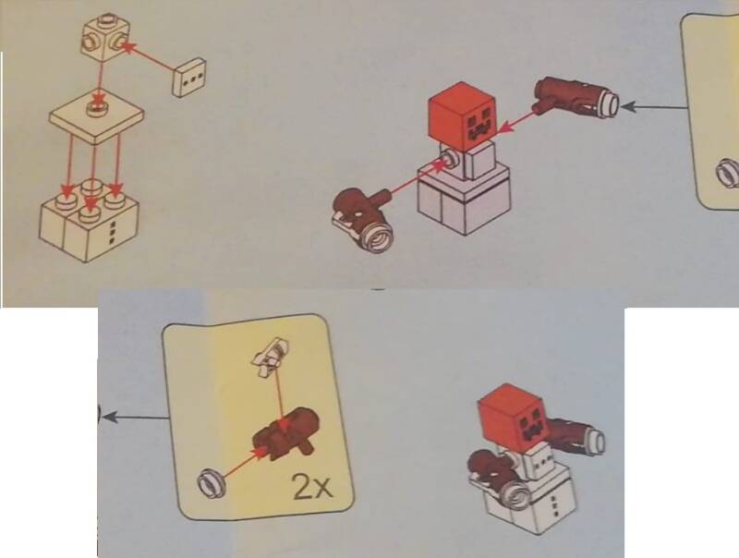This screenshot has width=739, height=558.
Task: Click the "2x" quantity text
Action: (313, 486)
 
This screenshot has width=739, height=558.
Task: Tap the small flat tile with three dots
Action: (189, 78)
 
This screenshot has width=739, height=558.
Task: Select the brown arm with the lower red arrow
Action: (363, 216)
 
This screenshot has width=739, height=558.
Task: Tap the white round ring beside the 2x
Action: (211, 482)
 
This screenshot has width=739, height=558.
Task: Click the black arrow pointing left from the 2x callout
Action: (136, 418)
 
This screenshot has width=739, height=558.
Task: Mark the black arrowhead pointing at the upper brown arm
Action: (628, 107)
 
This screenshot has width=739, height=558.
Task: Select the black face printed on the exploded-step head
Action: (481, 125)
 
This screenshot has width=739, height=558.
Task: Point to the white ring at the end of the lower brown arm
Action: (379, 236)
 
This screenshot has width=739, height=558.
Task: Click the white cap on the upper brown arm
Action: (609, 104)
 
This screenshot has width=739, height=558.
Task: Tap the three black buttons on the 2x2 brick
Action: (112, 232)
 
